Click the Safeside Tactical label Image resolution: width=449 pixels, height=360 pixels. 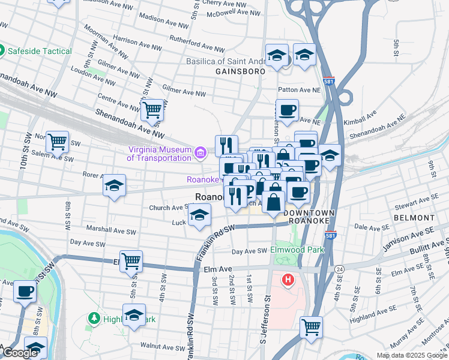(39, 51)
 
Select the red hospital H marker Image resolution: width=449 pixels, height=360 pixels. (289, 280)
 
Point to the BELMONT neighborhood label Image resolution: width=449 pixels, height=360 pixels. (414, 218)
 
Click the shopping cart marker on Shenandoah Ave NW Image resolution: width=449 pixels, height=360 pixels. (152, 110)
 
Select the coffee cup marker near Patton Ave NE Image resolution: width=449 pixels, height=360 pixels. (287, 110)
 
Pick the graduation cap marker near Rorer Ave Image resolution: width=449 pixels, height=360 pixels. (113, 185)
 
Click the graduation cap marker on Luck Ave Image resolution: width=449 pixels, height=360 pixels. (199, 215)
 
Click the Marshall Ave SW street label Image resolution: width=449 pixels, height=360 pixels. (112, 231)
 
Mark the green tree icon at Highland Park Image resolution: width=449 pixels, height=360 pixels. (93, 317)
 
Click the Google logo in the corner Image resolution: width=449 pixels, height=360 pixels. (20, 353)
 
